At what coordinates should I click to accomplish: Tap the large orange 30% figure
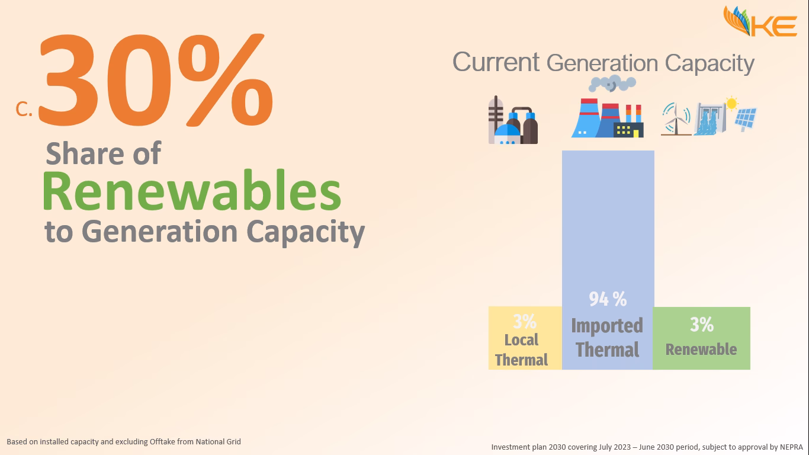pos(156,80)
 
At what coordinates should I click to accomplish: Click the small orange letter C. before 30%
pos(24,109)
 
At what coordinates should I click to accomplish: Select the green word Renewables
pos(192,191)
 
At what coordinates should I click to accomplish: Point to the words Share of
pos(103,153)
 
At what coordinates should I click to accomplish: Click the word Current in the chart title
pos(496,62)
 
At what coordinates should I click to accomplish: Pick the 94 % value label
pos(608,299)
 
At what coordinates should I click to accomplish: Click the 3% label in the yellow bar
pos(525,321)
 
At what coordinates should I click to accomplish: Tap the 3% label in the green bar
pos(702,325)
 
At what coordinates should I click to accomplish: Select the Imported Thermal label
pos(607,338)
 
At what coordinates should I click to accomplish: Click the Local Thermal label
pos(521,350)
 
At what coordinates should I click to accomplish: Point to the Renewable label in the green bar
pos(701,350)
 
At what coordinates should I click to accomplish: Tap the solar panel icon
pos(746,120)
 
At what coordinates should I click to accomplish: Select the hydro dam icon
pos(710,119)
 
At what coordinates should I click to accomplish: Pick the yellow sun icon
pos(731,104)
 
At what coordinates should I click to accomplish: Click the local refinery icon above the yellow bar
pos(513,120)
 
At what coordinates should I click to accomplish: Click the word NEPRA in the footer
pos(791,447)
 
